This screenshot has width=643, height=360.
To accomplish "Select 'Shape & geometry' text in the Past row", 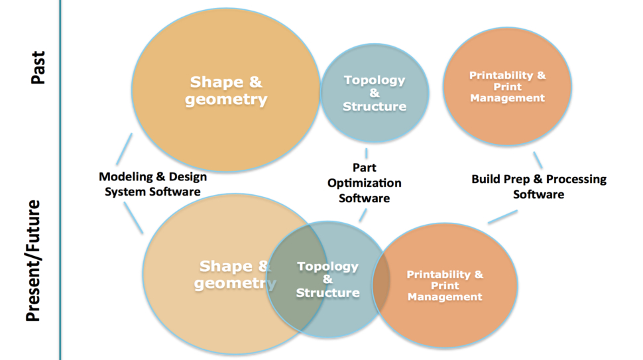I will (226, 91).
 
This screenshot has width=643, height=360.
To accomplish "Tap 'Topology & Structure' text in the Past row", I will (375, 93).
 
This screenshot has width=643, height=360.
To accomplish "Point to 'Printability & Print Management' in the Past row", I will (507, 87).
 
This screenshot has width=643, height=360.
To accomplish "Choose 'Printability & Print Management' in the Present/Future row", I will (445, 286).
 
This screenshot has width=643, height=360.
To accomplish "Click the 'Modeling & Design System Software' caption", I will (152, 184).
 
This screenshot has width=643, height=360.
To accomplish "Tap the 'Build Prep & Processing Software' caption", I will (538, 186).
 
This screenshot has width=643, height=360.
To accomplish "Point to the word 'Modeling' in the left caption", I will (124, 177).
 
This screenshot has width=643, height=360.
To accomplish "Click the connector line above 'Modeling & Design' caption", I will (123, 149).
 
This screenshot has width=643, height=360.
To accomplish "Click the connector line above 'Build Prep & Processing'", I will (538, 160).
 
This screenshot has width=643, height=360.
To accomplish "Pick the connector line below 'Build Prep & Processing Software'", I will (502, 217).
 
